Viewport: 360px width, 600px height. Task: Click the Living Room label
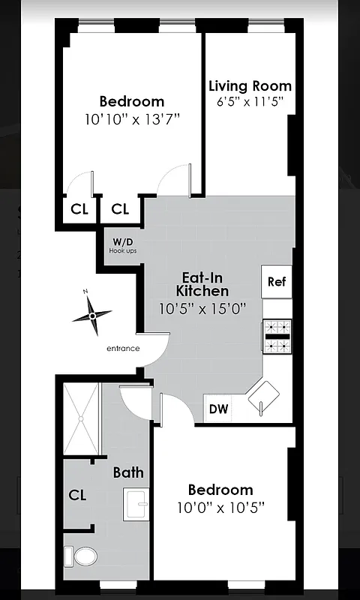pos(250,85)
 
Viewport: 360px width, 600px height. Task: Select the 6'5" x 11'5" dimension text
pos(250,103)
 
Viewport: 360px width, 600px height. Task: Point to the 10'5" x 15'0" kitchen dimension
pos(202,307)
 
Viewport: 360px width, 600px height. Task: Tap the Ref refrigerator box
pos(276,282)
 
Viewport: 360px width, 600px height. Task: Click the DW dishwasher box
pos(218,409)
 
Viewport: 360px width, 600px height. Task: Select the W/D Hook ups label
pos(122,245)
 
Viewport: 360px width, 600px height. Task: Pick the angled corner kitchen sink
pos(265,397)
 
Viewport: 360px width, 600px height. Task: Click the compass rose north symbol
pos(92,315)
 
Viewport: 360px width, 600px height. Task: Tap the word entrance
pos(123,348)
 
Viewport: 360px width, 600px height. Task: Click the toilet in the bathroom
pos(82,556)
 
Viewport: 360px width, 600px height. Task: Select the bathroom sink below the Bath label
pos(136,503)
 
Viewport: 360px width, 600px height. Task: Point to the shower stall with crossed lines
pos(81,418)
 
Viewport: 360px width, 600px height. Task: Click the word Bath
pos(128,472)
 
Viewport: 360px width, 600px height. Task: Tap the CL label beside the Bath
pos(77,495)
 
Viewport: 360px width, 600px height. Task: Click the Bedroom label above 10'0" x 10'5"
pos(220,489)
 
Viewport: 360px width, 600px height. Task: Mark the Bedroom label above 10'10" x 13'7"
pos(132,101)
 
